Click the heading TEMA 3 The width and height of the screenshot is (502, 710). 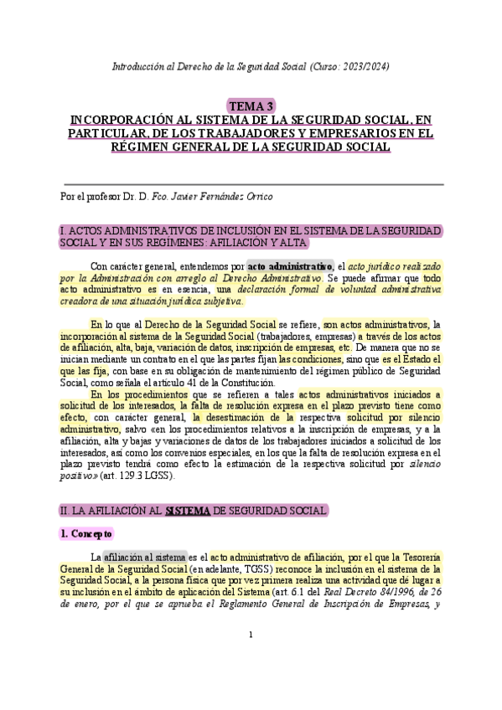click(x=251, y=105)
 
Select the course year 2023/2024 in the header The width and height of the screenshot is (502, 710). click(x=365, y=65)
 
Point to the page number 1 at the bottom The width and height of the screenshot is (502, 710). click(x=251, y=635)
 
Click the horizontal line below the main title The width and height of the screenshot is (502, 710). click(x=251, y=183)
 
